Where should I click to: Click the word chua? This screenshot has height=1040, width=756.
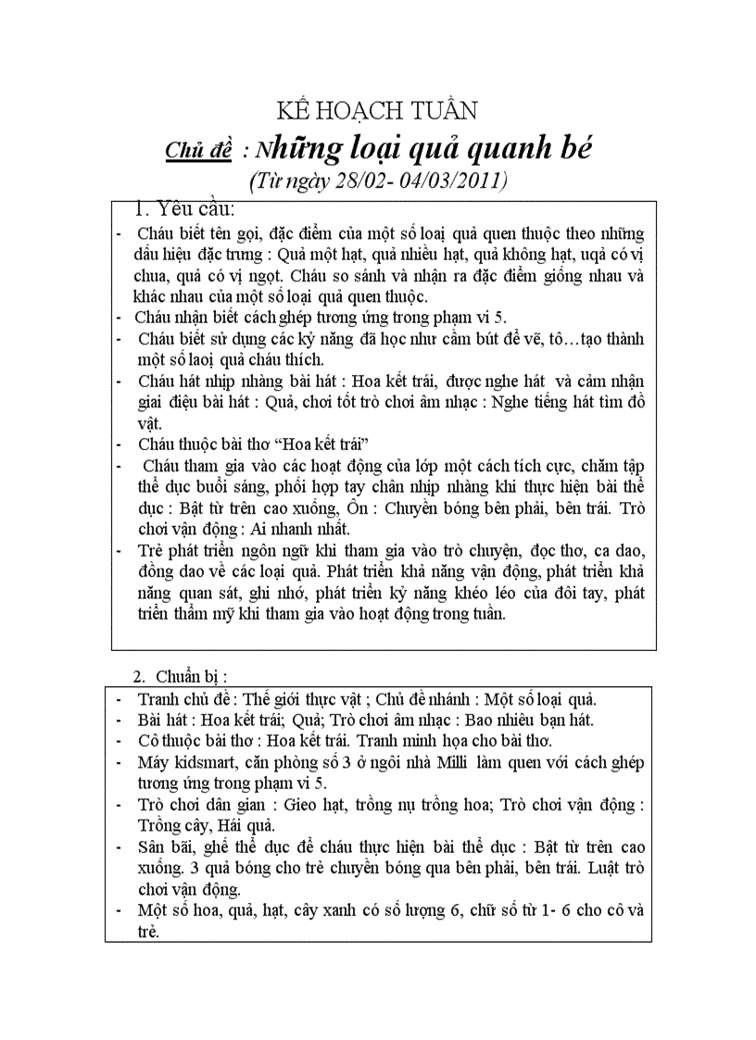154,275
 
